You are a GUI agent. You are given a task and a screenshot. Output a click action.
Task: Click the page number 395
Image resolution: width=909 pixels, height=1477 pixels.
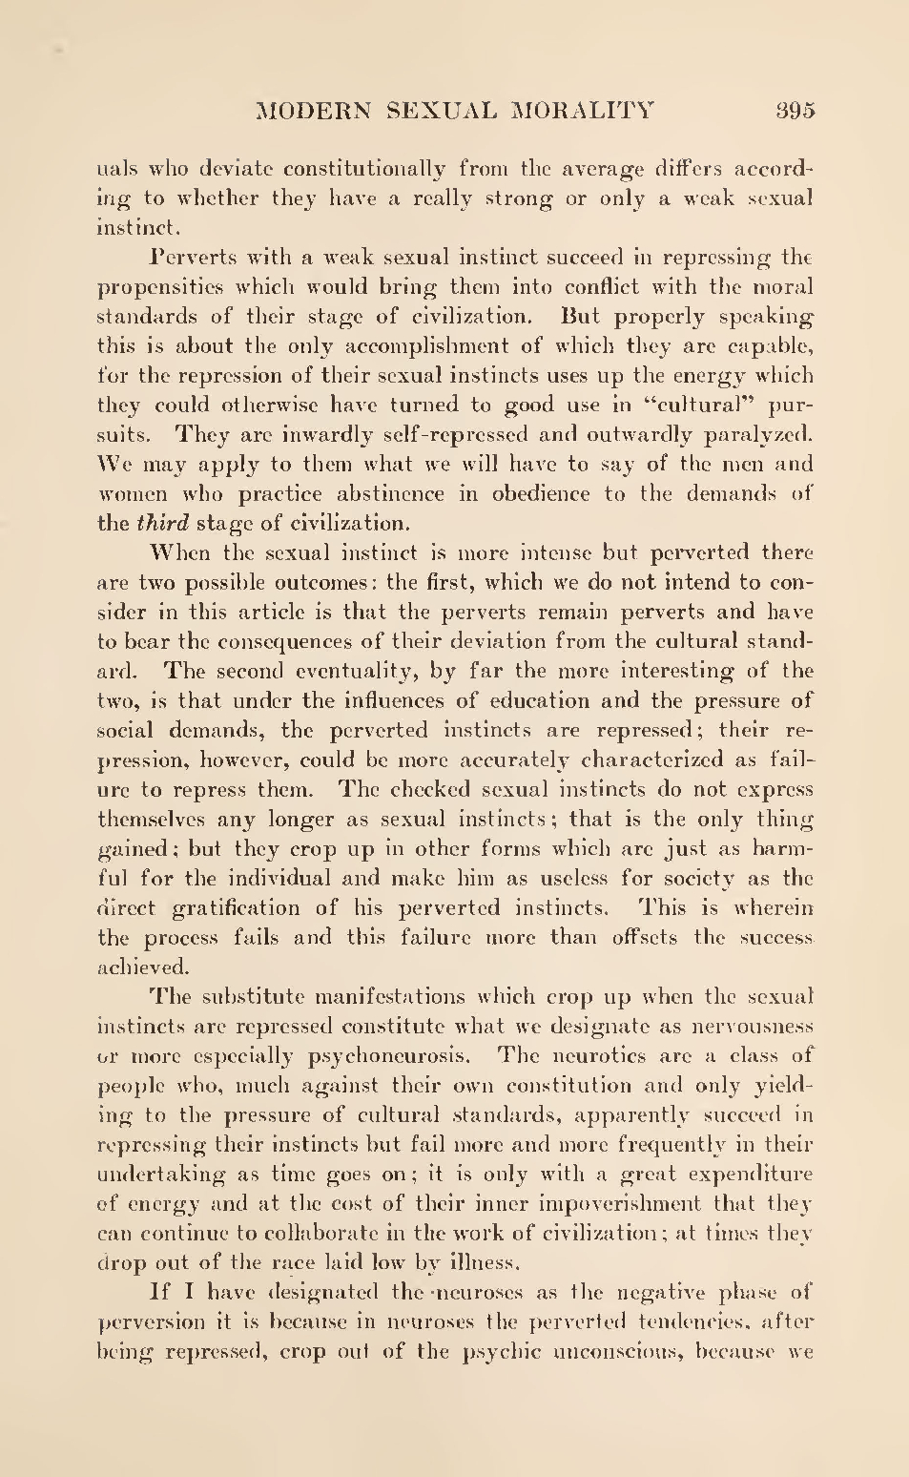click(x=795, y=110)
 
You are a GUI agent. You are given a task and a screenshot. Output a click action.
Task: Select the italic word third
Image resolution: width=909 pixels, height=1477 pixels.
click(x=164, y=523)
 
